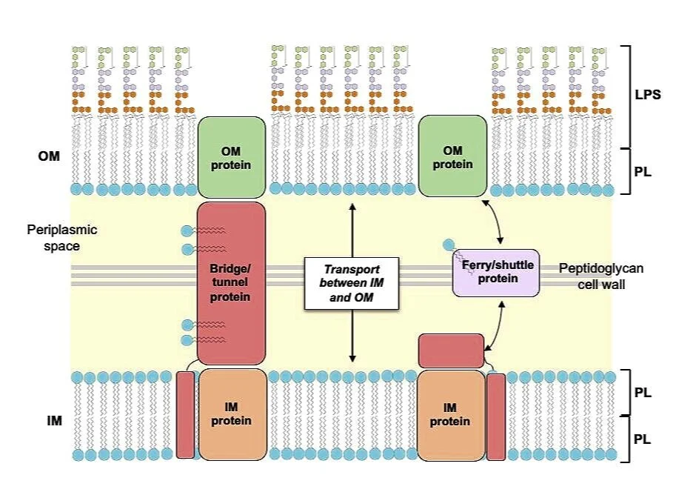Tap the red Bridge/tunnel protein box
coord(231,282)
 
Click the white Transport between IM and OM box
coord(352,282)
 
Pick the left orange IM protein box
coord(232,414)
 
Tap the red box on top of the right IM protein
coord(451,351)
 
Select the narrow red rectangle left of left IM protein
coord(185,415)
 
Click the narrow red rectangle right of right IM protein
coord(496,416)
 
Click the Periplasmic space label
coord(62,237)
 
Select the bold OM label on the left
coord(49,156)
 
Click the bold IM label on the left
coord(49,420)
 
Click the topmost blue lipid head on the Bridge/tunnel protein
coord(186,230)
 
